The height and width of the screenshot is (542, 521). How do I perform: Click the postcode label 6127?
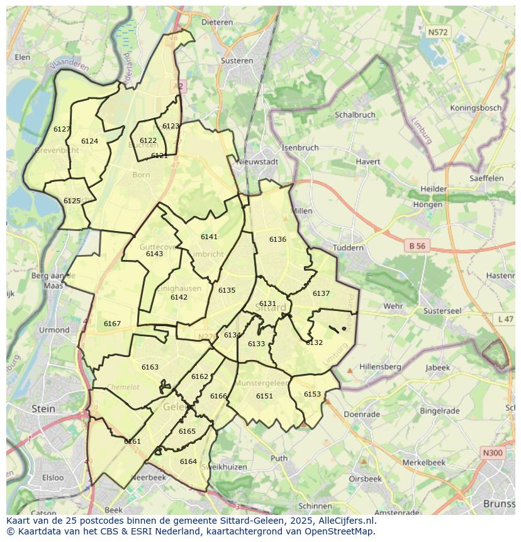click(x=62, y=129)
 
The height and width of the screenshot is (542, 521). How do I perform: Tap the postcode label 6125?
click(x=72, y=201)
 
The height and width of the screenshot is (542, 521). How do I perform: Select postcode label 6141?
click(x=209, y=237)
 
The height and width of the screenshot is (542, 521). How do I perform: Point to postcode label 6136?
click(x=277, y=239)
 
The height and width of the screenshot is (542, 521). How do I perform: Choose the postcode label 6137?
click(x=321, y=293)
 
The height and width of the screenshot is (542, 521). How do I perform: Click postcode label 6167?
click(x=112, y=324)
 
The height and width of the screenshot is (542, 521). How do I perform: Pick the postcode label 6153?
click(x=312, y=394)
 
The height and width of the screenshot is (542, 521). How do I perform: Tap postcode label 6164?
click(x=188, y=461)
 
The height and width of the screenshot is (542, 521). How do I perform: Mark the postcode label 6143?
click(x=154, y=254)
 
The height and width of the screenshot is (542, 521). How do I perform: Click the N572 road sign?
click(x=437, y=31)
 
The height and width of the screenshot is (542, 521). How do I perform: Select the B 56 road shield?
click(x=417, y=246)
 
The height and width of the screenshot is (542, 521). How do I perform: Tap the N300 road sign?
click(x=492, y=453)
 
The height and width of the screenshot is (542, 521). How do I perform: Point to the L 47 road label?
click(x=505, y=319)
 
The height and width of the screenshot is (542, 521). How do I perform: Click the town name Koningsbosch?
click(x=476, y=108)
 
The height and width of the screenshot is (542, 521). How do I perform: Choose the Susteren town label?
click(x=237, y=61)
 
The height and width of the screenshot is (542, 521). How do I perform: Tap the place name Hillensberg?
click(x=380, y=366)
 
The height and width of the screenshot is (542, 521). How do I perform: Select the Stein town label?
click(x=43, y=409)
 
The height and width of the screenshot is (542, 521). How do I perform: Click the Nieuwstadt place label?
click(x=257, y=161)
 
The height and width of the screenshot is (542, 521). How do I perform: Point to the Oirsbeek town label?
click(x=365, y=478)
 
